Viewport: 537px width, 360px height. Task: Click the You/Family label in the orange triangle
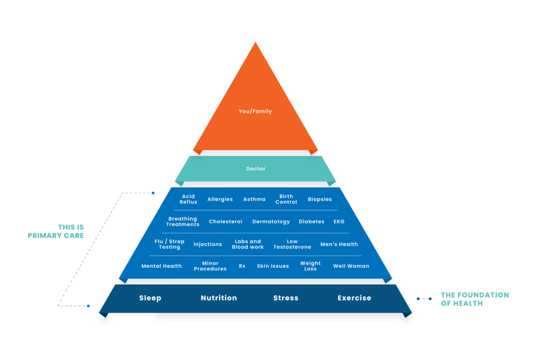(x=255, y=112)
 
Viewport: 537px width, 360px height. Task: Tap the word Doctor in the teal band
(x=256, y=169)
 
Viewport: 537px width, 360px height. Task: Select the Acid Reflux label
(x=188, y=199)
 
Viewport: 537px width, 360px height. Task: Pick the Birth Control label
(x=286, y=199)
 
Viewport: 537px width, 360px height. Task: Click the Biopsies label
(x=320, y=200)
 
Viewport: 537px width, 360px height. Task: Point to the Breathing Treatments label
(x=182, y=222)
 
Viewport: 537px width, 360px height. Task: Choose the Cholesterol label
(x=225, y=222)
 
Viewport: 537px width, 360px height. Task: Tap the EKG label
(x=339, y=222)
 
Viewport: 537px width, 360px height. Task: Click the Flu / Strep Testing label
(x=169, y=244)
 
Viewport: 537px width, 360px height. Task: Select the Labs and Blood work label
(x=248, y=244)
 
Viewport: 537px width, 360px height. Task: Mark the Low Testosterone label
(x=292, y=244)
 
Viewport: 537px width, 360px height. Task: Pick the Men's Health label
(x=339, y=244)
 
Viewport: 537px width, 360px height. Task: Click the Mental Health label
(x=162, y=266)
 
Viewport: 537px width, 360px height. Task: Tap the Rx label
(x=242, y=266)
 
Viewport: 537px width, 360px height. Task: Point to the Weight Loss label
(x=310, y=266)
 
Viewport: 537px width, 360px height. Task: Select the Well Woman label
(x=351, y=266)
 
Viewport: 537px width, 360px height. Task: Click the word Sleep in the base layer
(x=150, y=298)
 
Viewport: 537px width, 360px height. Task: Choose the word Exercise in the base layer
(x=354, y=298)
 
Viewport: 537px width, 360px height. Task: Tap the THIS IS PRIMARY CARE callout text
(x=56, y=232)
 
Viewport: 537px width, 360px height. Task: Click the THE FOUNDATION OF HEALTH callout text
(x=475, y=299)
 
